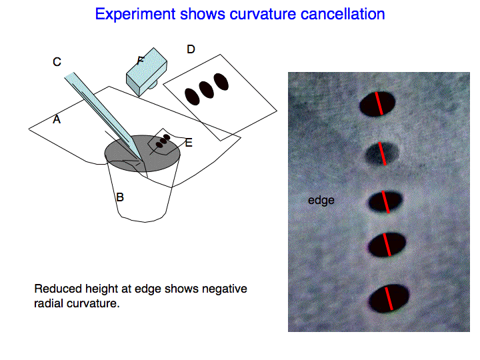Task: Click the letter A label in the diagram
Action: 57,119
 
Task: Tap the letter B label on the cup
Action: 120,197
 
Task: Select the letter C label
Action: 57,62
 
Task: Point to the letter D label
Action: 191,49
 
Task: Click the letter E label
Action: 189,143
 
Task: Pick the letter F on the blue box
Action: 141,61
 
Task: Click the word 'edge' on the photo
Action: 321,200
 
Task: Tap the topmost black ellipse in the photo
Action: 377,104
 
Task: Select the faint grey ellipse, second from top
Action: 382,153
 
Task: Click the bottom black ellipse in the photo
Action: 389,299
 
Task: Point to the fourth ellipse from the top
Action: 387,245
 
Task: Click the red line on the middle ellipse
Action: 386,202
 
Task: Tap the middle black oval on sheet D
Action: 206,90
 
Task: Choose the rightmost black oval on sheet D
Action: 221,82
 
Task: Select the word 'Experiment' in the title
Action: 135,15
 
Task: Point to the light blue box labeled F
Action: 147,71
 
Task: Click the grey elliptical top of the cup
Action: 143,153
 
